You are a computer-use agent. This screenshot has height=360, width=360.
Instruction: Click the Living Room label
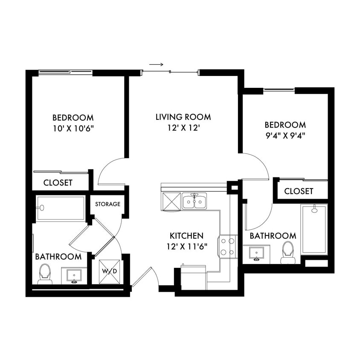click(183, 116)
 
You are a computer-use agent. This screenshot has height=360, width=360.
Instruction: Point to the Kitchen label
click(186, 235)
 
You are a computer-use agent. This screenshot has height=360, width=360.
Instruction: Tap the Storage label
click(107, 204)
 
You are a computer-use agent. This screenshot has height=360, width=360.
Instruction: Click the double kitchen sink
click(195, 201)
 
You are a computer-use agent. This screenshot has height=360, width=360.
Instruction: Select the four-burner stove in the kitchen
click(227, 247)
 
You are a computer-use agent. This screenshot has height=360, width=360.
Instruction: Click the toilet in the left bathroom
click(45, 274)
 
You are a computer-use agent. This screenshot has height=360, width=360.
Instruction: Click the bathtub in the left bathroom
click(60, 208)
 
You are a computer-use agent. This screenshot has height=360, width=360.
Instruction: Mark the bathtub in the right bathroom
click(314, 229)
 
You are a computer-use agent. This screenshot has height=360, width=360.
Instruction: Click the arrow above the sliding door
click(156, 65)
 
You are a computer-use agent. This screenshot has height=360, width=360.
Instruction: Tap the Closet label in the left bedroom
click(58, 183)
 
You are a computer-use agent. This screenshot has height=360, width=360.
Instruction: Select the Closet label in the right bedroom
click(299, 191)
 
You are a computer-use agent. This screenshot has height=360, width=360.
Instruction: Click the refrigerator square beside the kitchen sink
click(171, 201)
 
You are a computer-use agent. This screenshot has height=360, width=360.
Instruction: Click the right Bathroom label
click(273, 236)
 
